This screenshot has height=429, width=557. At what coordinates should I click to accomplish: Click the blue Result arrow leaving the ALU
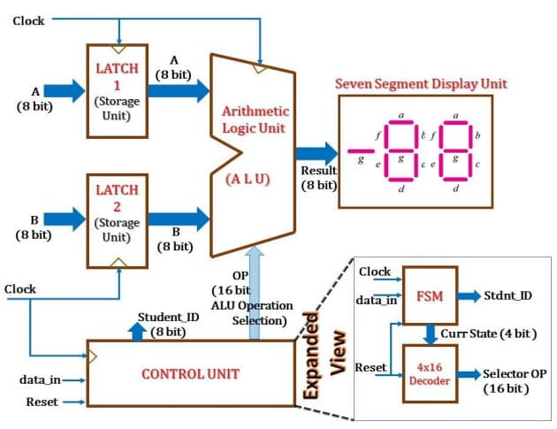317,152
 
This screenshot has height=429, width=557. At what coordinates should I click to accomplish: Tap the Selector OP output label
515,381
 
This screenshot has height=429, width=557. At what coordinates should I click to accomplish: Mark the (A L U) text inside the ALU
251,178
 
